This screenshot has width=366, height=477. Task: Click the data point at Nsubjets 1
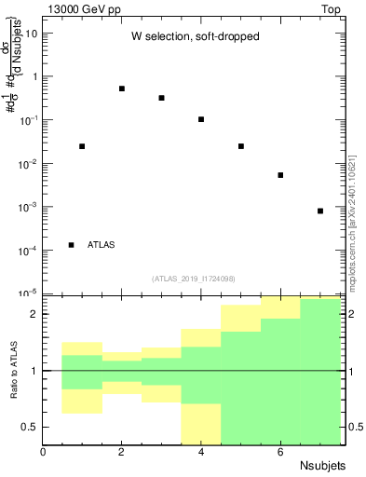[82, 146]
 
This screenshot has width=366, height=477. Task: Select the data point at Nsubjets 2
[122, 89]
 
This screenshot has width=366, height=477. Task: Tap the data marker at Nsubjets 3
[161, 98]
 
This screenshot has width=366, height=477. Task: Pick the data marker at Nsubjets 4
[201, 119]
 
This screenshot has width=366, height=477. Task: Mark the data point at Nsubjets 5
[241, 146]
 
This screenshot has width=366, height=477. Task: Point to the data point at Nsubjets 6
[280, 175]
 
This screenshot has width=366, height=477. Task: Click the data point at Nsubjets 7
[320, 211]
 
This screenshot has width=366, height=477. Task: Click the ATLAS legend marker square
[72, 245]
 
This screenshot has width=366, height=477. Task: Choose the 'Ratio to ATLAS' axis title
[14, 371]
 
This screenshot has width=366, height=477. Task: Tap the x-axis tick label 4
[201, 452]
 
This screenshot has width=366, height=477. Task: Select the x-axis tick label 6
[280, 452]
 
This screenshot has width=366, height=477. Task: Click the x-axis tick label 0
[43, 452]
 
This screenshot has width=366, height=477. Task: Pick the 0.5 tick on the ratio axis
[28, 427]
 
